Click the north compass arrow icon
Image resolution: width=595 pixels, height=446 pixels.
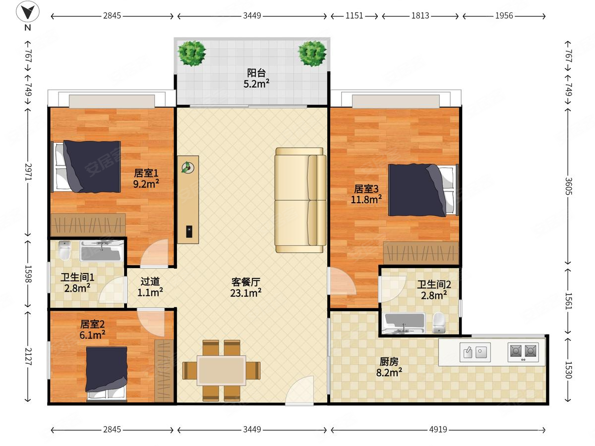coord(28,11)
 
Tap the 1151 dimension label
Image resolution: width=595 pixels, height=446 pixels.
coord(354,16)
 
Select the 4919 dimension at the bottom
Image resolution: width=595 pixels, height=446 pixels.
coord(438,430)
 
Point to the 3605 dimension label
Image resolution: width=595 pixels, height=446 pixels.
coord(568,186)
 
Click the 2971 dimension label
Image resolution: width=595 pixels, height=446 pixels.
coord(28,172)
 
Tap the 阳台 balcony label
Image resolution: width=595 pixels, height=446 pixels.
coord(256,72)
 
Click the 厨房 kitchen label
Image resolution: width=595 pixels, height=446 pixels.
coord(389,362)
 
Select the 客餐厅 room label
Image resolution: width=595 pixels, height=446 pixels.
coord(245,282)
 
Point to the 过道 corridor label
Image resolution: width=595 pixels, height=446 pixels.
coord(150,281)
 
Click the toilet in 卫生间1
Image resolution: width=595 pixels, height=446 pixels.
coord(64,250)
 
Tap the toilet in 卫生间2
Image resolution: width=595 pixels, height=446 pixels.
coord(439,323)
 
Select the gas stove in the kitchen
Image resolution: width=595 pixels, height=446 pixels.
coord(523,352)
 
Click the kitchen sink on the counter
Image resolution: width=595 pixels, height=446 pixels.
coord(475,352)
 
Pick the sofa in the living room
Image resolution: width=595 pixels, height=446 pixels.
coord(300,200)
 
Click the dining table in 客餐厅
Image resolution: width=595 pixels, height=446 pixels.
coord(222,370)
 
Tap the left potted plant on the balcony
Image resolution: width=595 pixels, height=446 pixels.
coord(192,54)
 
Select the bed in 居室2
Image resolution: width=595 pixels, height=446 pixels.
coord(107,374)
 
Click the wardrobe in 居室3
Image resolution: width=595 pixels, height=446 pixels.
coord(421,253)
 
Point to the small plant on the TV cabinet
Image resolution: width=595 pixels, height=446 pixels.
coord(188,167)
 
